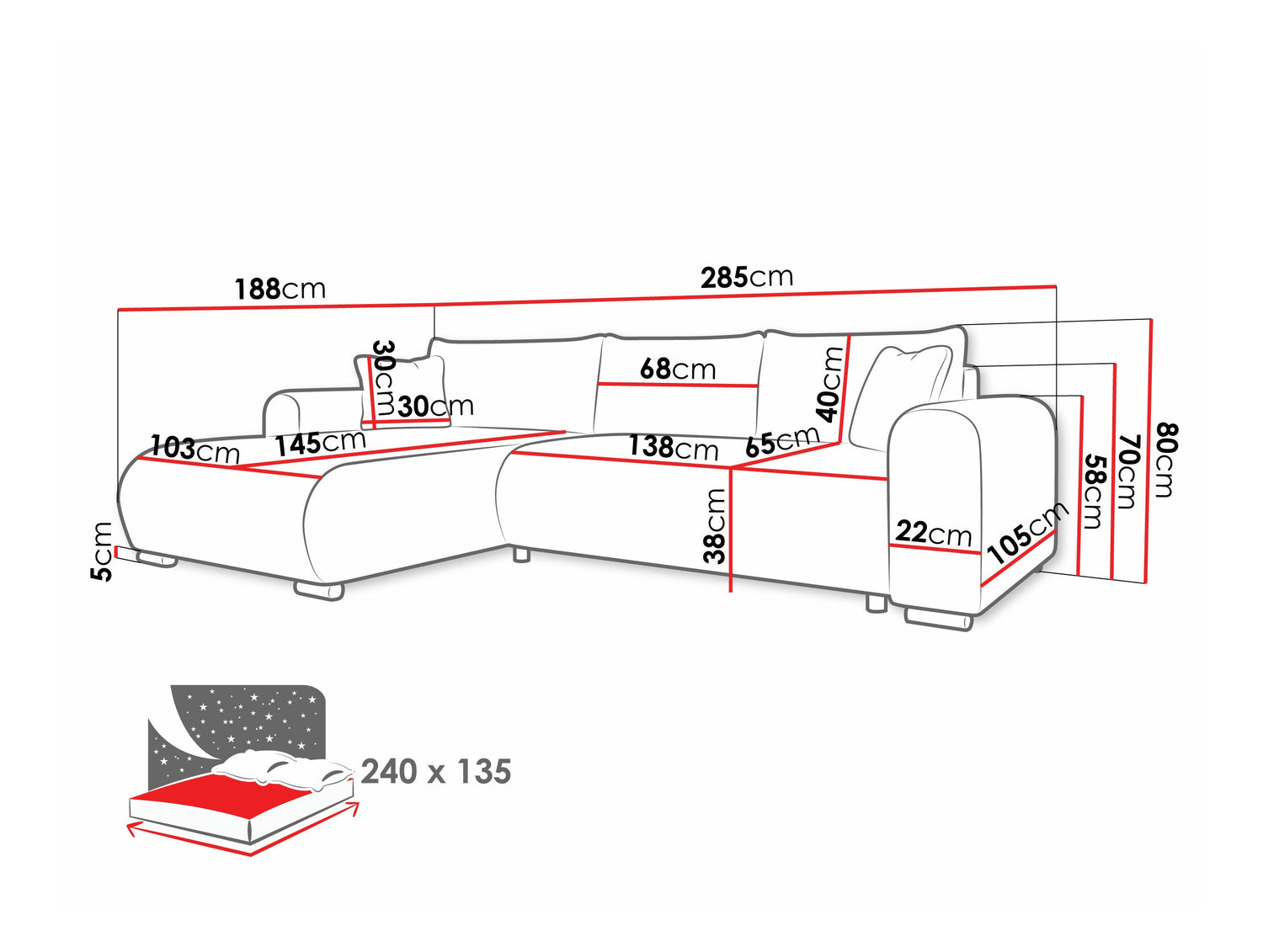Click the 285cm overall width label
click(x=746, y=277)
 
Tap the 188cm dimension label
click(x=280, y=289)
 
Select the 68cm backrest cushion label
click(x=677, y=369)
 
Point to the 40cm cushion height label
click(x=829, y=384)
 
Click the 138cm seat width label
click(x=674, y=447)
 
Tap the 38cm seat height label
click(x=714, y=525)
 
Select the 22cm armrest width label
click(x=933, y=533)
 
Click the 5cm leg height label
click(x=102, y=551)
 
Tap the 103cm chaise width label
click(x=195, y=450)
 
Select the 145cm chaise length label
click(x=320, y=443)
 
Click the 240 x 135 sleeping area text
click(x=436, y=771)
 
